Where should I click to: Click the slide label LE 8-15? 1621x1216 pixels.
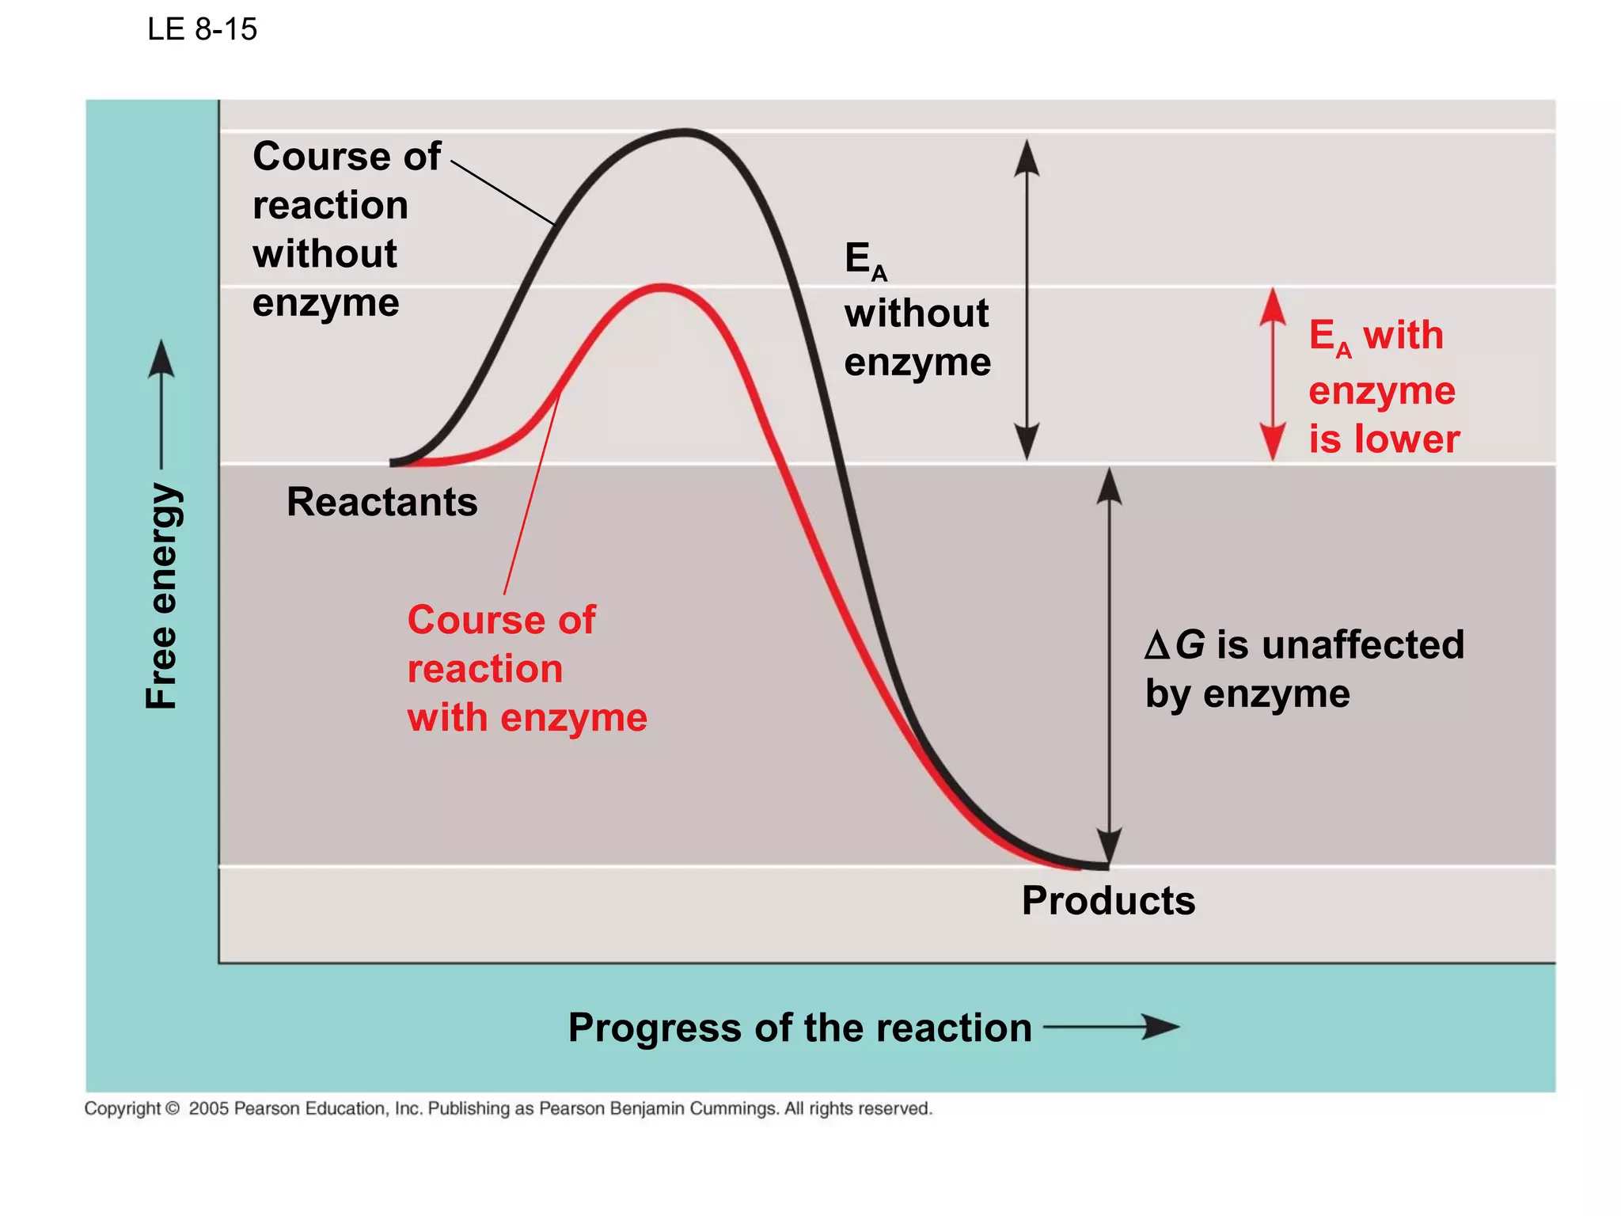point(202,30)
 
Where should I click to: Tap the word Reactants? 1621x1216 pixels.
point(382,502)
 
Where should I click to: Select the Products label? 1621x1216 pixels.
point(1108,901)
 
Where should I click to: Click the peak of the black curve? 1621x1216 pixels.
point(683,133)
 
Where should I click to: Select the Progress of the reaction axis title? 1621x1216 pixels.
point(799,1028)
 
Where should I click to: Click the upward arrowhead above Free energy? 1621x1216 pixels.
point(161,360)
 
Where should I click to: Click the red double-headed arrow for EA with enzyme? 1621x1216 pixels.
point(1272,374)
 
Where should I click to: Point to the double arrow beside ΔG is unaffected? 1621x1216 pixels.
point(1109,665)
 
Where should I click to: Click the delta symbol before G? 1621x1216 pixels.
point(1156,646)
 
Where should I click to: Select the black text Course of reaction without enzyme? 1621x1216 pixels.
point(346,229)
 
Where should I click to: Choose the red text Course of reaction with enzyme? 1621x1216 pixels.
point(526,669)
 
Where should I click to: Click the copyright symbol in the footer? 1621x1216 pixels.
point(172,1108)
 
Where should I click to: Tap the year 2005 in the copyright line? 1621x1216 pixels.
point(208,1108)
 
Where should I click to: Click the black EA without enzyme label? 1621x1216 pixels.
point(917,310)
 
